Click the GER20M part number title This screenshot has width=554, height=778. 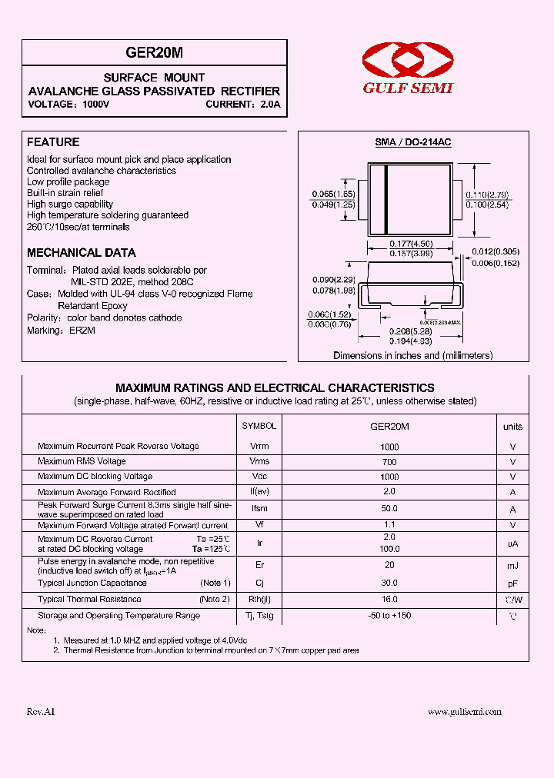(154, 52)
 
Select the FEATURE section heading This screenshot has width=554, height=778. (53, 142)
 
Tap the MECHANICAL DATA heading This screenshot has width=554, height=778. (82, 252)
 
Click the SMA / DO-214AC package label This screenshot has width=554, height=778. (412, 143)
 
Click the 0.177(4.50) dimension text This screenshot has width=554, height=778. (411, 244)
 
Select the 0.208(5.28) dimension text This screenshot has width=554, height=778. (411, 331)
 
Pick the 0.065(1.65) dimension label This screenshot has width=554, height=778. (332, 194)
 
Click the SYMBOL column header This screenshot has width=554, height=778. (259, 426)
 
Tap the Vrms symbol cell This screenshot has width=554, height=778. (259, 461)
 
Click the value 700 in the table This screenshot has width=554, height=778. (389, 461)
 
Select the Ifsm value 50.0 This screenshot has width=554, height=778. (389, 508)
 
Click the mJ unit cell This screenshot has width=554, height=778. (512, 566)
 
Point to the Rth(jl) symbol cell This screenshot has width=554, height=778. (259, 599)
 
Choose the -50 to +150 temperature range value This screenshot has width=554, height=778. (389, 615)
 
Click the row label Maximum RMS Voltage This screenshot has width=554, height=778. (82, 461)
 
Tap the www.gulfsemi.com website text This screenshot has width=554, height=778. (465, 712)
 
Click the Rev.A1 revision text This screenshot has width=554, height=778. (41, 712)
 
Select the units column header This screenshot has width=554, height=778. (512, 426)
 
